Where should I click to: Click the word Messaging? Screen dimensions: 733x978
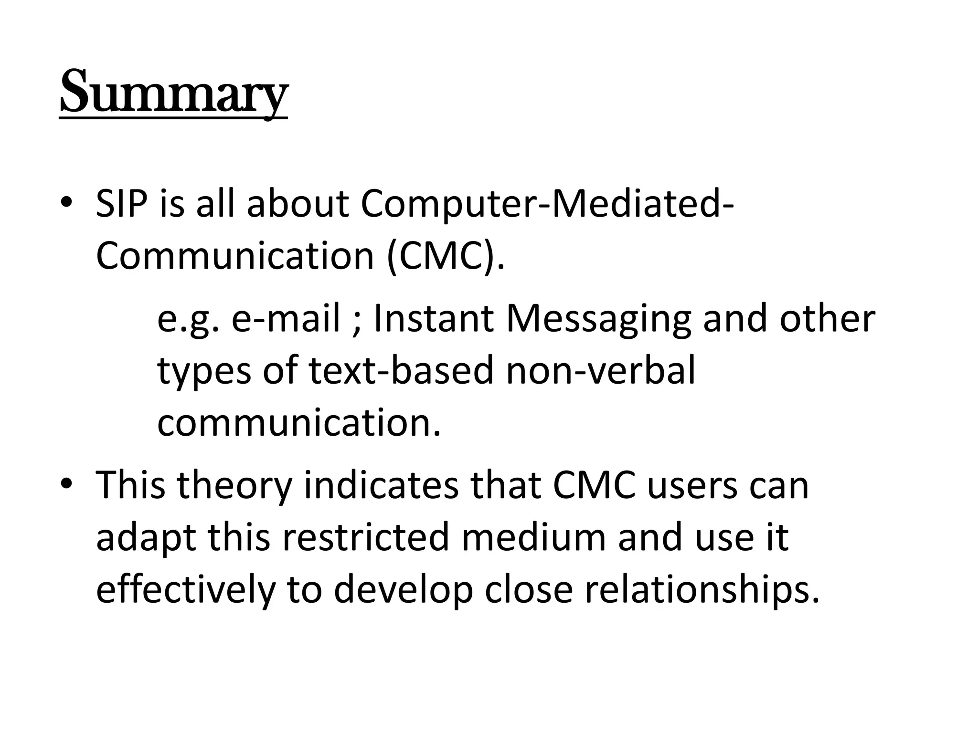[x=599, y=320]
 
